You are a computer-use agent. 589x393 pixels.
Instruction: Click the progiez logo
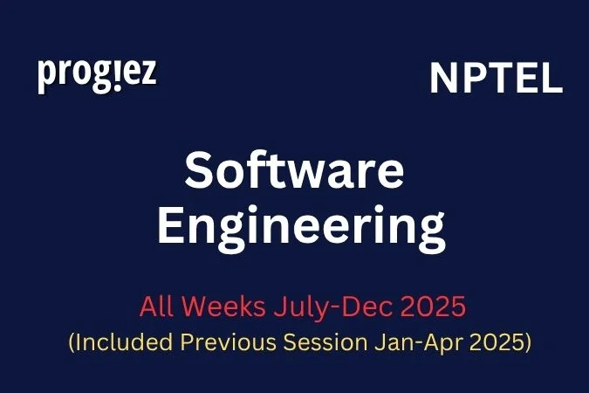[x=97, y=75]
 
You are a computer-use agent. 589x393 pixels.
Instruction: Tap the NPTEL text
[x=496, y=79]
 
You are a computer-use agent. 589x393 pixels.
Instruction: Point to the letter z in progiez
[x=148, y=74]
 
